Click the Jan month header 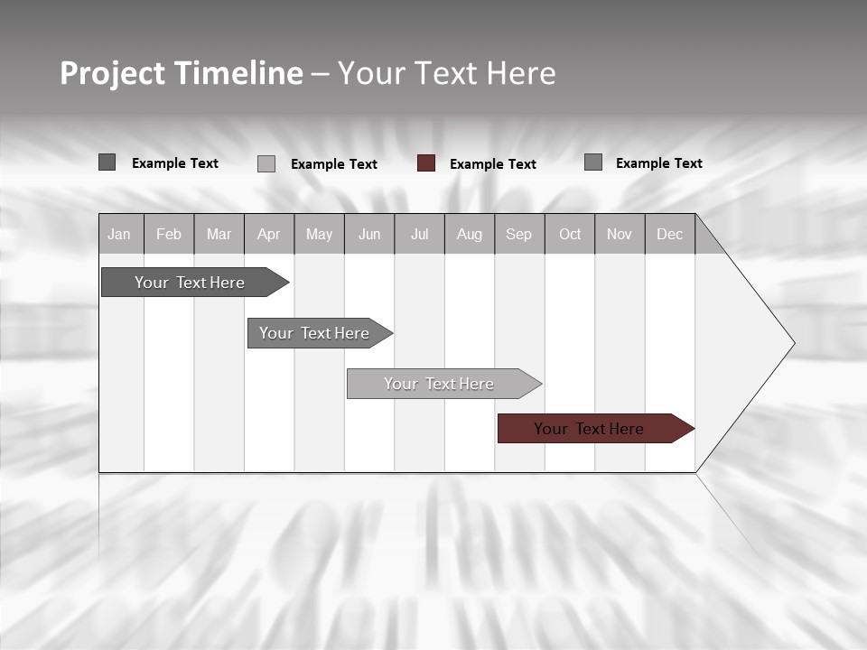pos(119,234)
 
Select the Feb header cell pos(169,234)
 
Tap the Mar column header pos(219,234)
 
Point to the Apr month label pos(268,234)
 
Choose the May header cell pos(319,234)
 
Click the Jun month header pos(369,234)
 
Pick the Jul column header pos(419,234)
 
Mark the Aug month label pos(469,234)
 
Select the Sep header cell pos(518,234)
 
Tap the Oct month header pos(570,234)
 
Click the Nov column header pos(619,234)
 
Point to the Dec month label pos(669,234)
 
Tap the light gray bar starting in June pos(440,384)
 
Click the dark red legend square pos(426,163)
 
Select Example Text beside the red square pos(493,164)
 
